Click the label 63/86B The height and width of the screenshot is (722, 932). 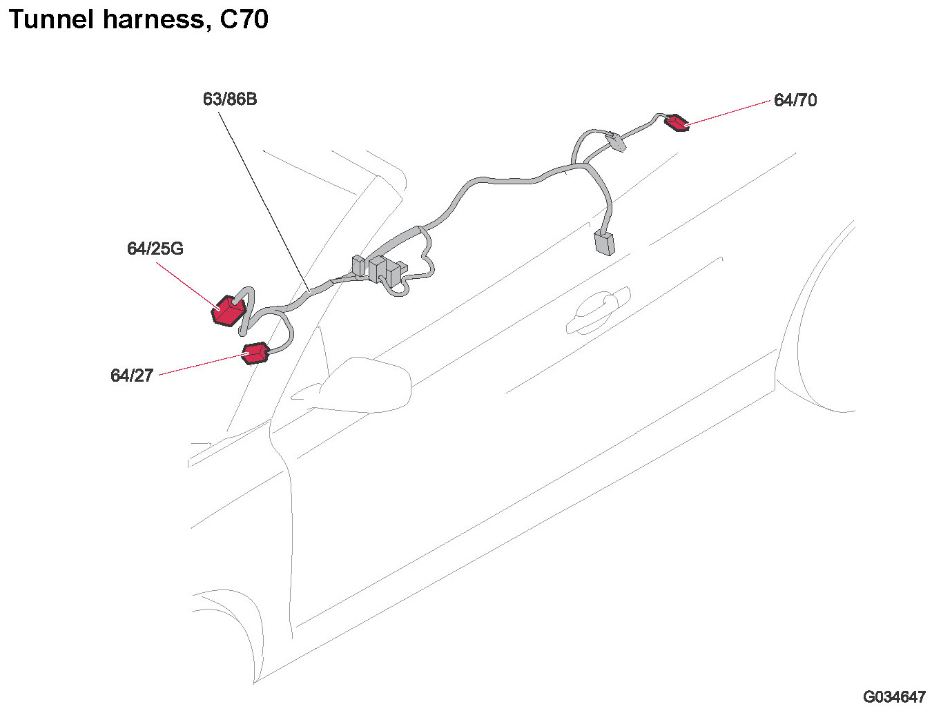click(229, 99)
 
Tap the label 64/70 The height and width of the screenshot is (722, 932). click(795, 101)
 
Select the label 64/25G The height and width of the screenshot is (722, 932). click(155, 248)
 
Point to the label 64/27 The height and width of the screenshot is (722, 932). click(132, 375)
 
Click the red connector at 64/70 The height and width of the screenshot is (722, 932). click(677, 124)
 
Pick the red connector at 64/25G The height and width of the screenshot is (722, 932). click(227, 311)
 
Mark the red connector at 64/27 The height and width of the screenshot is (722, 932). click(255, 353)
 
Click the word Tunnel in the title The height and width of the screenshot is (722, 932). click(50, 19)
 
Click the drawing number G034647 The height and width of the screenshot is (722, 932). click(894, 697)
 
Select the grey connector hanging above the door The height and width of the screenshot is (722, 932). click(604, 243)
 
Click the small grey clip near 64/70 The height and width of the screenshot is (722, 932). click(615, 142)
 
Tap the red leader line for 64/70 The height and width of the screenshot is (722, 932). click(728, 112)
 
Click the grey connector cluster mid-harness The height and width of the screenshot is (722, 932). click(378, 270)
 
